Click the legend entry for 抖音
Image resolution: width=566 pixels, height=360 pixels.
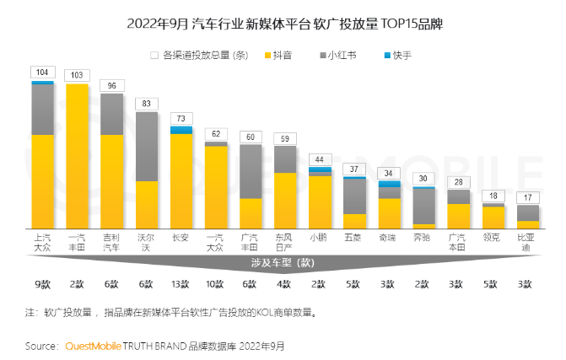(x=283, y=55)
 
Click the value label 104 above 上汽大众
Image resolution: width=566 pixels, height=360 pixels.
(x=42, y=73)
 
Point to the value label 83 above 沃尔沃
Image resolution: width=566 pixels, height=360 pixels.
(x=146, y=104)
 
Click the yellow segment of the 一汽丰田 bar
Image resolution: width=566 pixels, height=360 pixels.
(x=77, y=156)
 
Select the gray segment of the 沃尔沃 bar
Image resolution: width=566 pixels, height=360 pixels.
(x=146, y=146)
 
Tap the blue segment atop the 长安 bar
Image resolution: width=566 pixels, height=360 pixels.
(x=181, y=130)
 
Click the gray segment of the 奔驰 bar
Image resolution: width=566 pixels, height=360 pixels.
(x=423, y=207)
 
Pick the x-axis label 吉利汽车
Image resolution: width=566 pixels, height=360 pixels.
(x=111, y=243)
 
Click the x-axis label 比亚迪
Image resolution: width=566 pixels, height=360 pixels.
(x=526, y=243)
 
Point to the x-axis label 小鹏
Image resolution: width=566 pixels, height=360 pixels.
(x=319, y=238)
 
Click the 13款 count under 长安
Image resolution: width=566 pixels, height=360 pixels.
(x=181, y=284)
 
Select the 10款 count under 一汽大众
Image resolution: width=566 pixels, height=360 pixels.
(x=215, y=284)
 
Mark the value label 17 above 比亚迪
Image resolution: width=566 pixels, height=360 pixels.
(x=526, y=197)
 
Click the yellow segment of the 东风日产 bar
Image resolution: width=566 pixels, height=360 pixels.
(x=284, y=201)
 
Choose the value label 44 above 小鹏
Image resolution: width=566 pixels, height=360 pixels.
(x=319, y=159)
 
